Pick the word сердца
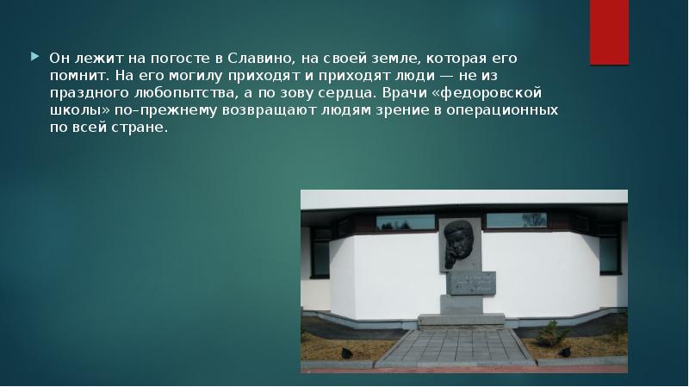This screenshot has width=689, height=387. (346, 93)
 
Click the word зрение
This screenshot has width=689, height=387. (405, 110)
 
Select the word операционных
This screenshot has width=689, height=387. (502, 110)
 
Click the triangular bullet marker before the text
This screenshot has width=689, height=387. (35, 57)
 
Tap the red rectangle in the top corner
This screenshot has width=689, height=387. (609, 33)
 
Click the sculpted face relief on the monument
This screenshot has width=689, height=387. (458, 244)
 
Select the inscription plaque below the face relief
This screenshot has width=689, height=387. (471, 284)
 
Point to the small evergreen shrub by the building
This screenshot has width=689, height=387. (552, 334)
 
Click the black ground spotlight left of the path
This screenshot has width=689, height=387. (347, 353)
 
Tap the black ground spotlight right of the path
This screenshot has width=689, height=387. (564, 352)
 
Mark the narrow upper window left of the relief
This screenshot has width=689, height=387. (405, 222)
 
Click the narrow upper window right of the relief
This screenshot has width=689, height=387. (517, 221)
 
